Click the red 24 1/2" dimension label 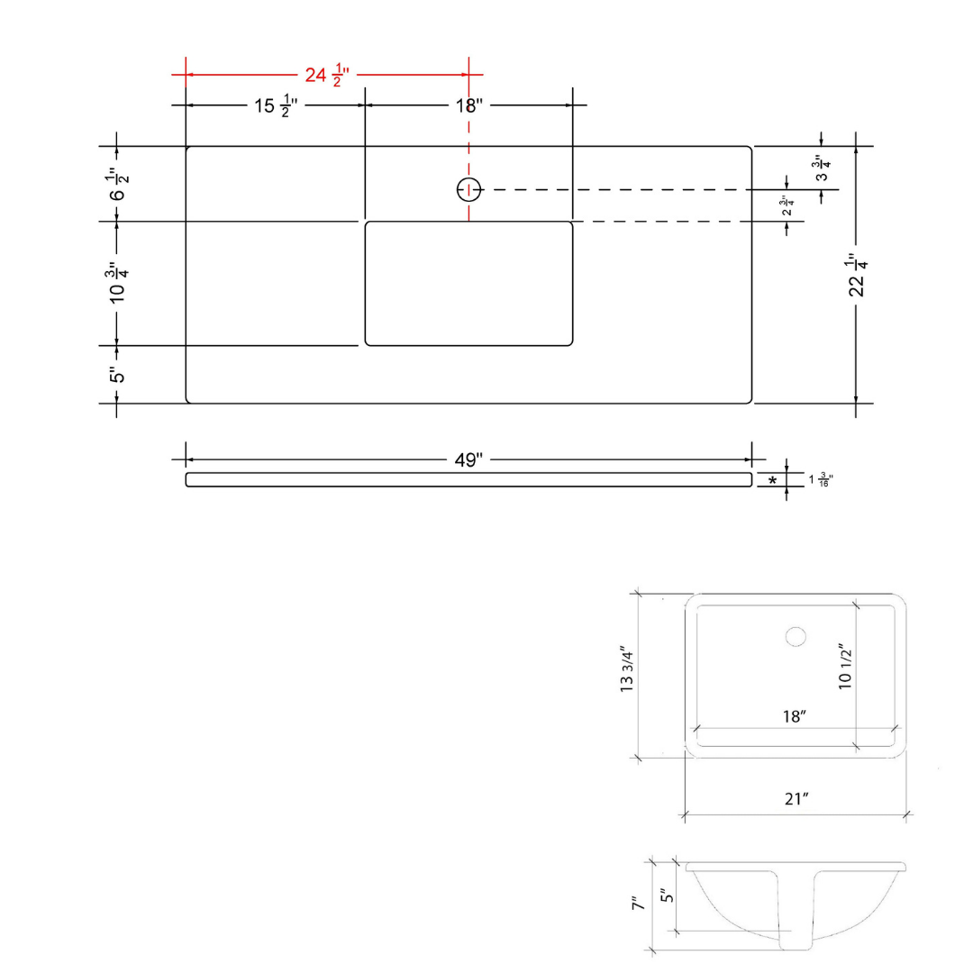pos(327,75)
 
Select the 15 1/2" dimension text pos(276,106)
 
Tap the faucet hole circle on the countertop pos(468,189)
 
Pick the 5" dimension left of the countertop pos(117,375)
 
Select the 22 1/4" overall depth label pos(857,275)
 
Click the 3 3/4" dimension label pos(822,168)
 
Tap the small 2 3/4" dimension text pos(787,205)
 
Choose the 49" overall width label pos(468,460)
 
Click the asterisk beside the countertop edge pos(773,481)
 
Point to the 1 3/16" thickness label pos(821,479)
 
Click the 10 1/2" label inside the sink pos(845,667)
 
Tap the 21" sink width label pos(796,799)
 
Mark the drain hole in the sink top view pos(796,637)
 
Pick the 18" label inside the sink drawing pos(795,717)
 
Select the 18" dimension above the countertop pos(468,106)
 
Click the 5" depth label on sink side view pos(667,896)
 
